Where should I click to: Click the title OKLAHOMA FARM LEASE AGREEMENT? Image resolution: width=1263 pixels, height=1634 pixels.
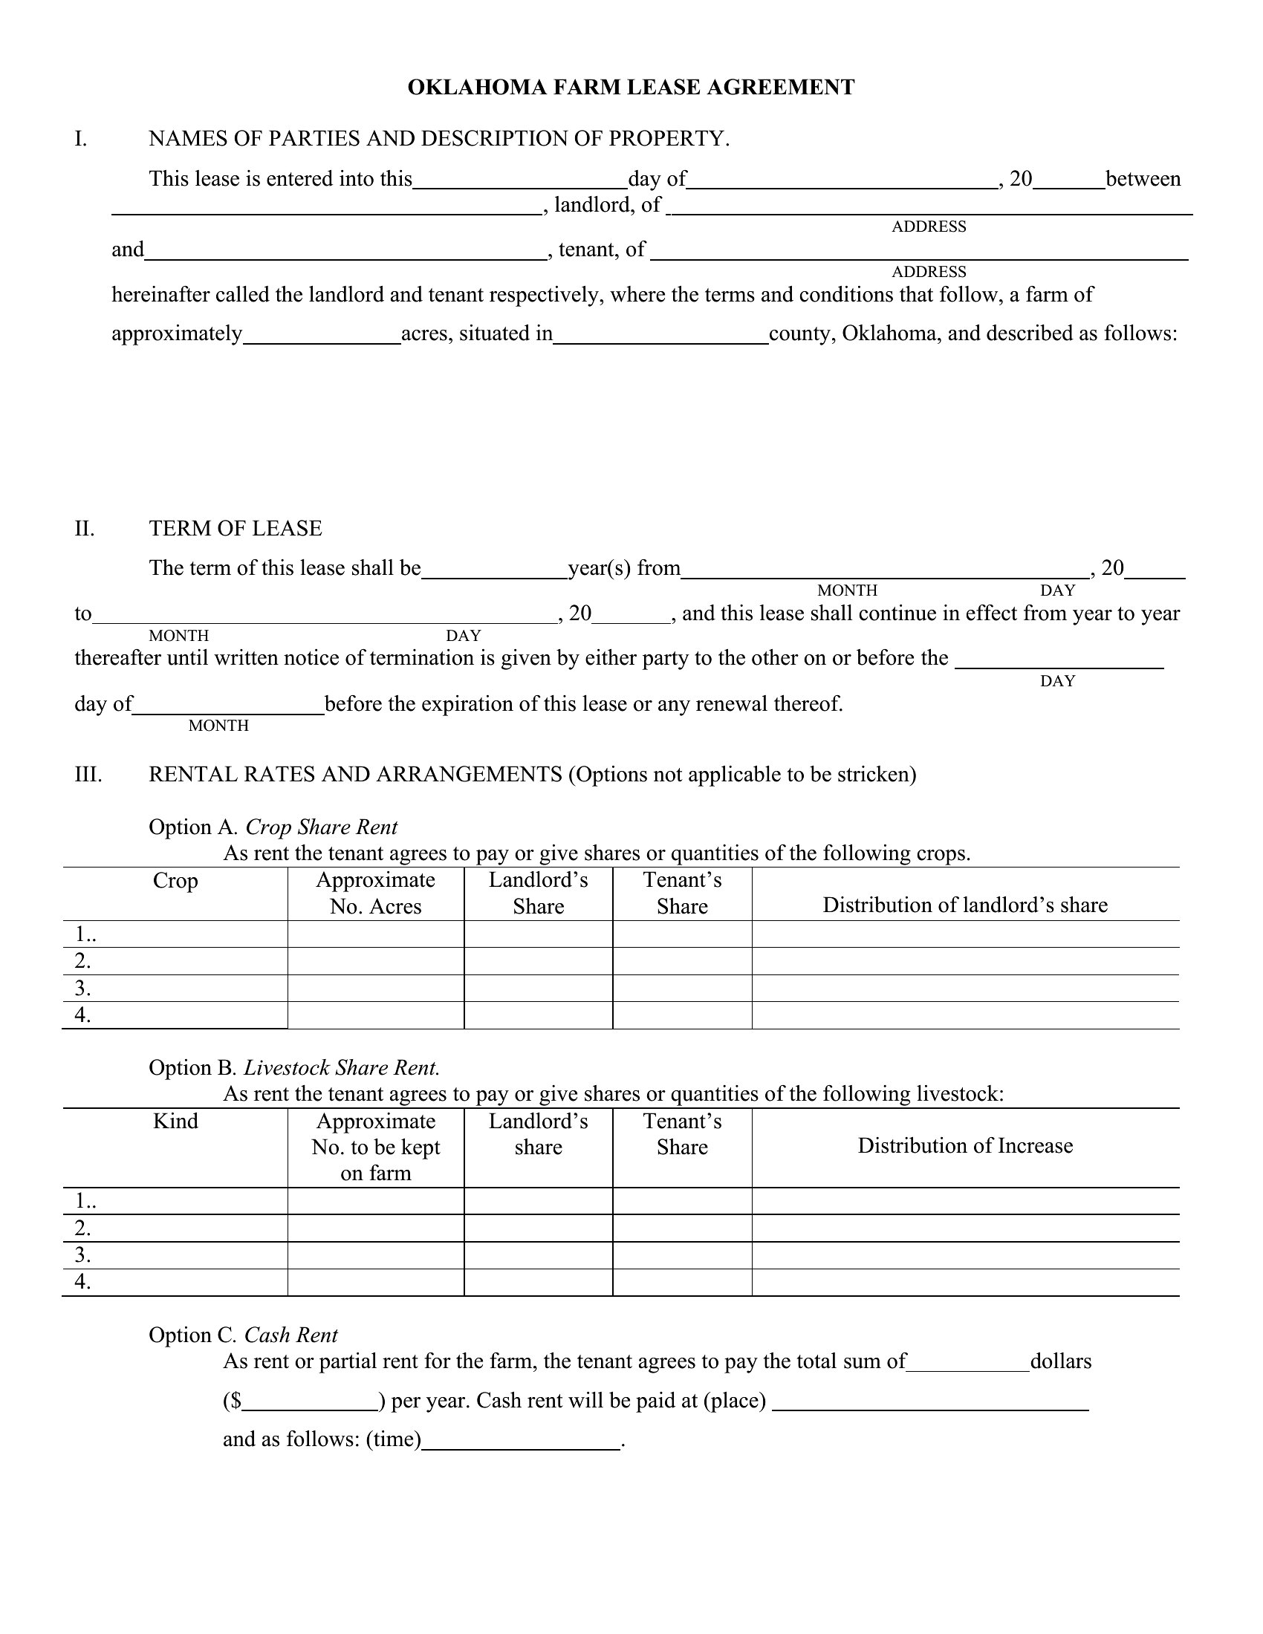click(631, 88)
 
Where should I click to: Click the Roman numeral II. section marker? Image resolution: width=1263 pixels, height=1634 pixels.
click(85, 529)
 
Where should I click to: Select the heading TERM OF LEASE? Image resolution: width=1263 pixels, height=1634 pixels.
click(235, 529)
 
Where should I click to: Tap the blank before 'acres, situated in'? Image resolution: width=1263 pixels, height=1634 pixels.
click(322, 335)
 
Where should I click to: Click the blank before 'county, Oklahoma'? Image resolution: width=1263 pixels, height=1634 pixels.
click(660, 335)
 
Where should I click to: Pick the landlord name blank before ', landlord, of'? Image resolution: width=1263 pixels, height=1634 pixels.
click(326, 206)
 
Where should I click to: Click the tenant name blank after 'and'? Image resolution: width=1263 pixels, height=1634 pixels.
click(345, 251)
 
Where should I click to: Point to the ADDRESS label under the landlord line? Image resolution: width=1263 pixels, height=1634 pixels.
click(929, 227)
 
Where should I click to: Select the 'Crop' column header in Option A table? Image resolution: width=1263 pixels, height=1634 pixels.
click(175, 881)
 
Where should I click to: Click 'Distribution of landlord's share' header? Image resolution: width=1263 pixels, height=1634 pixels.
click(964, 905)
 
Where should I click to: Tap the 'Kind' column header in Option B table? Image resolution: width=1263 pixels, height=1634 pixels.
click(175, 1122)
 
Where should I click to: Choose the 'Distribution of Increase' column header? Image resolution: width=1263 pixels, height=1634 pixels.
click(964, 1146)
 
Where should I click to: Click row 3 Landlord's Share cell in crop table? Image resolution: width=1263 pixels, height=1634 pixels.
click(538, 989)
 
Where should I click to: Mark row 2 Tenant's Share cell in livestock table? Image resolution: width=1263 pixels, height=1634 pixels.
click(681, 1228)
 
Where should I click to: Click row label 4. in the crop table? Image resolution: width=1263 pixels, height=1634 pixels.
click(82, 1015)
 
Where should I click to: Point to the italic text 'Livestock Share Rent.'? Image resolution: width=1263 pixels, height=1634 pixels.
click(341, 1067)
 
